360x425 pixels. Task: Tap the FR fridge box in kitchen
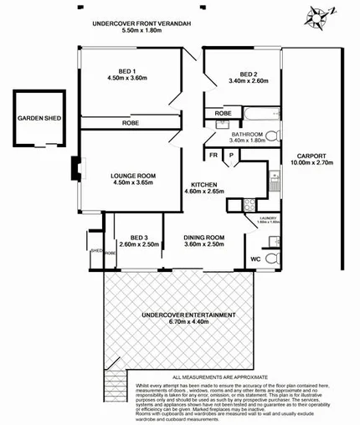tap(214, 155)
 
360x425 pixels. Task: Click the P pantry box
tap(231, 155)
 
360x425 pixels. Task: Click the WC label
tap(255, 259)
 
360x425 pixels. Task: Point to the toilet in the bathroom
tap(280, 135)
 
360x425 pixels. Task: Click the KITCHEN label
tap(204, 184)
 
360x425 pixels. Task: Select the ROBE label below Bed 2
tap(223, 113)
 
